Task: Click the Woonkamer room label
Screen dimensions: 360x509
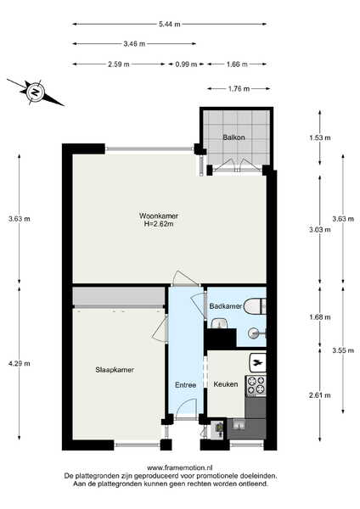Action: point(159,215)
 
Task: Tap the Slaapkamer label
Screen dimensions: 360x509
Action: point(115,370)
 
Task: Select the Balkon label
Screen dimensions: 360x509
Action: point(233,137)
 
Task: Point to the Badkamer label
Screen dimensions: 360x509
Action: point(226,306)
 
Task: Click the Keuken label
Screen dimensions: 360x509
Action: point(226,384)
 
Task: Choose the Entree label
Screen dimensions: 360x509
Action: point(186,385)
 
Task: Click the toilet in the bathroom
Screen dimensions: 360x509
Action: point(255,306)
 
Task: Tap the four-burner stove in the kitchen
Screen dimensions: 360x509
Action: point(256,386)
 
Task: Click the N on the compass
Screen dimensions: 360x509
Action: point(35,92)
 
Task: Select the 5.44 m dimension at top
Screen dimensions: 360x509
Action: point(169,24)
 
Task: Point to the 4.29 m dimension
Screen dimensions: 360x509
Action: point(20,364)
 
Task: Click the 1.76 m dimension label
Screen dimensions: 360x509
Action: point(239,88)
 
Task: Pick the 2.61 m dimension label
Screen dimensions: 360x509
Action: point(320,395)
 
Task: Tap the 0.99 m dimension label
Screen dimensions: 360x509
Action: point(186,64)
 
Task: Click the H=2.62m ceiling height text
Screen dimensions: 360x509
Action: point(159,224)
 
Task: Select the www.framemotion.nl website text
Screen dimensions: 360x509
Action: point(180,467)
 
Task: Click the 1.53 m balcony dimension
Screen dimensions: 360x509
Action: point(320,137)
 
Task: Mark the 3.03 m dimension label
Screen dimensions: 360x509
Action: point(320,230)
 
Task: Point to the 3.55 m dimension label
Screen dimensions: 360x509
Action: point(343,350)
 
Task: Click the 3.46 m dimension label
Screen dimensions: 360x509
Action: point(134,44)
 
